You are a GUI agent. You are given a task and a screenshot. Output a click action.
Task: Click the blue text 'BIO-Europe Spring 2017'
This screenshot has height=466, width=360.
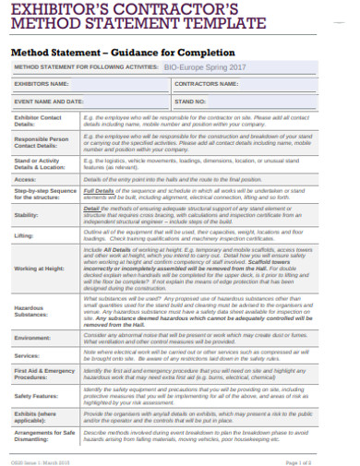(205, 68)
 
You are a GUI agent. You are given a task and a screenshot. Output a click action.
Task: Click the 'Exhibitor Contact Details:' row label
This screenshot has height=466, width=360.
(38, 122)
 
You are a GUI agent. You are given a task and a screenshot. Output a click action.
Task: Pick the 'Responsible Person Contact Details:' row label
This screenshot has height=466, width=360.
(42, 142)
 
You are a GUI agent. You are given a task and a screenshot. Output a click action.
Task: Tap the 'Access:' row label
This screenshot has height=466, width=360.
(25, 178)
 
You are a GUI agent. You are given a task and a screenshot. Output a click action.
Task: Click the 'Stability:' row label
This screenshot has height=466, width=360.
(28, 215)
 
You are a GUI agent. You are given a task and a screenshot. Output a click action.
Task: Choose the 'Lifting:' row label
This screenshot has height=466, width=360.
(25, 236)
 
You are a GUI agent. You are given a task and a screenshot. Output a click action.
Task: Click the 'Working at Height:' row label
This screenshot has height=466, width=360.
(41, 269)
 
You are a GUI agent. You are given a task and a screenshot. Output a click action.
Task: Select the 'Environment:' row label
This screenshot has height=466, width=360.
(32, 338)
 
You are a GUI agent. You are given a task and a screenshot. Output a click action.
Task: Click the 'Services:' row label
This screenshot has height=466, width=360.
(27, 355)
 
